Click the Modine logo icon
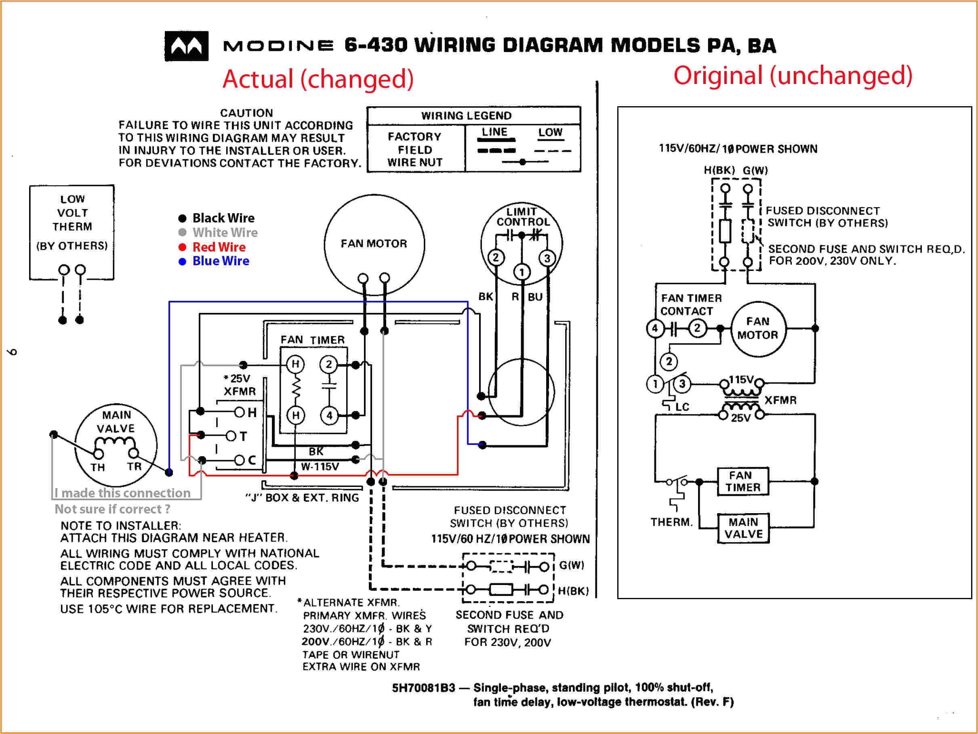pos(186,46)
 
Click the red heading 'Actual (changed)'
pos(318,79)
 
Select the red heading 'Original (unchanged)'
pos(792,75)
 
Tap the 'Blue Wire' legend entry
pos(220,261)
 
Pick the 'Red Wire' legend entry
pos(219,247)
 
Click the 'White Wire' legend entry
pos(225,233)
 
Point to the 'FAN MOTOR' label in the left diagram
pos(374,243)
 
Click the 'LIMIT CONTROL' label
pos(522,216)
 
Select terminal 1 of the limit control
pos(522,272)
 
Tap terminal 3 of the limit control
pos(547,258)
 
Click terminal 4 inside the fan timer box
pos(329,415)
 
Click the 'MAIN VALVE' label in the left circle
pos(116,422)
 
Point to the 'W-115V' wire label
pos(320,467)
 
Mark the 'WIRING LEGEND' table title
pos(466,116)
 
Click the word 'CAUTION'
pos(246,113)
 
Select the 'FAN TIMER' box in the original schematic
pos(742,481)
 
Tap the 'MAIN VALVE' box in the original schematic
pos(743,528)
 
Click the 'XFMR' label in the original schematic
pos(780,400)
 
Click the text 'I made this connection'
pos(122,493)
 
